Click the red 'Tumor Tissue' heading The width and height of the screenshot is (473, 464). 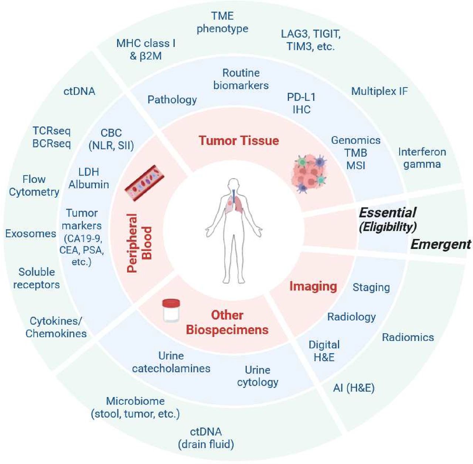(239, 141)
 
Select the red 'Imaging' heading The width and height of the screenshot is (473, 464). (313, 286)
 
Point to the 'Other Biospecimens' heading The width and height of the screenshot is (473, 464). (227, 323)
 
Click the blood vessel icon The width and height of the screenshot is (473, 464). (144, 183)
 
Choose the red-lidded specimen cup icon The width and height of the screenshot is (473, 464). (171, 310)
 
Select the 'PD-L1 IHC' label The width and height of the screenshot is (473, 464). (301, 103)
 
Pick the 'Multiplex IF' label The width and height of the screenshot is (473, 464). (379, 91)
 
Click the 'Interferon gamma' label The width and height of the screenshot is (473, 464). (422, 158)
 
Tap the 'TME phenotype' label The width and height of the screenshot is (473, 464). (222, 22)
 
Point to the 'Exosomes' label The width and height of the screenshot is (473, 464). (31, 234)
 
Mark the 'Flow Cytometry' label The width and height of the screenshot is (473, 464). (34, 186)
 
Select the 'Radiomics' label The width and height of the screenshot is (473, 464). (408, 337)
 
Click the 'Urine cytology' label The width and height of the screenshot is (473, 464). (258, 376)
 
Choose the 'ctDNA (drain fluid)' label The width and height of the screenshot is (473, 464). (206, 438)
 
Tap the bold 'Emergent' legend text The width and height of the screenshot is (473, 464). (441, 245)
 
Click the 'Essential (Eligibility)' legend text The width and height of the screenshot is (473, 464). (388, 219)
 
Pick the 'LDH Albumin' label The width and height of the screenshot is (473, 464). (89, 178)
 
